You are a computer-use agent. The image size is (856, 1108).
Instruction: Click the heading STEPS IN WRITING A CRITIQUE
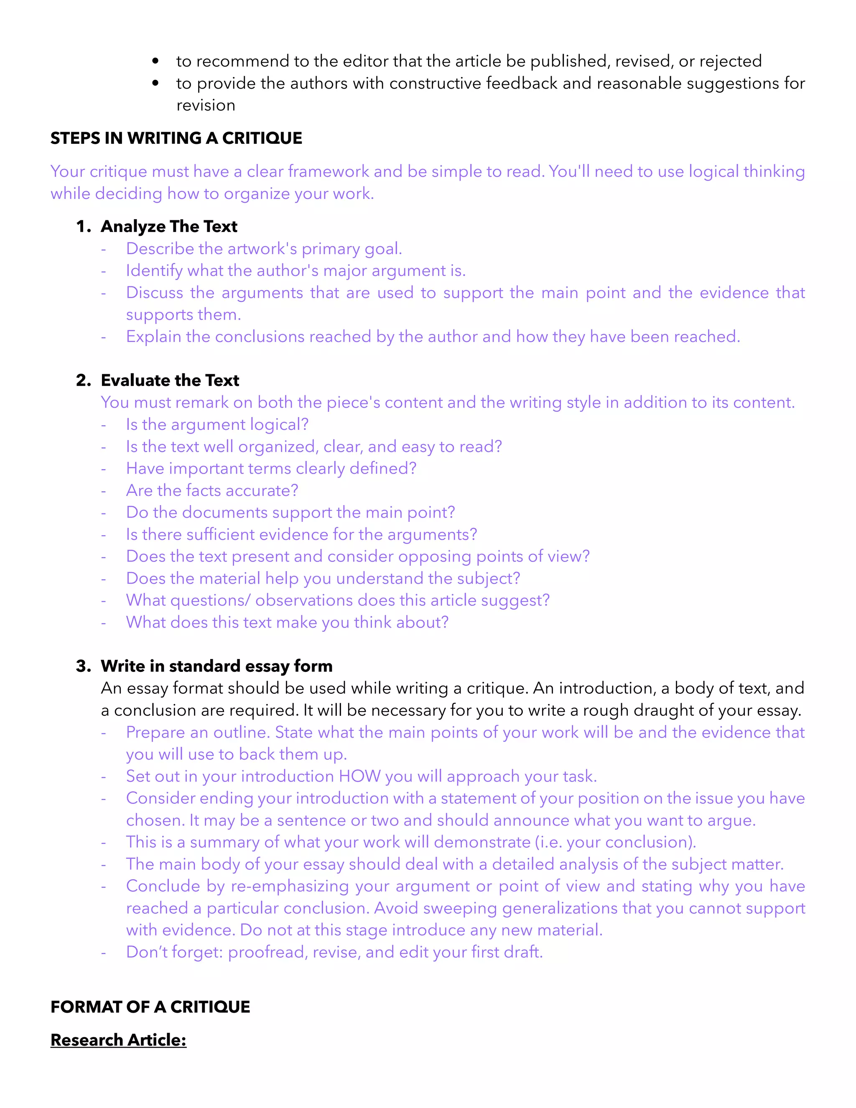coord(176,138)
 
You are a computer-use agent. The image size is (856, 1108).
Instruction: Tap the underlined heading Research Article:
coord(118,1039)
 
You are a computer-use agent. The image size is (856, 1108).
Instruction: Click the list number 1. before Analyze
coord(83,226)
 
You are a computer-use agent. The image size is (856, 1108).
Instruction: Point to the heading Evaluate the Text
coord(170,380)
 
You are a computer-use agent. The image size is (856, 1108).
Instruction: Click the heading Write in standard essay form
coord(217,666)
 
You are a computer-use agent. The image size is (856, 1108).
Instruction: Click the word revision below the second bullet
coord(205,105)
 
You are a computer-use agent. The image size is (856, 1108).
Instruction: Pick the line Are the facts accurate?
coord(212,490)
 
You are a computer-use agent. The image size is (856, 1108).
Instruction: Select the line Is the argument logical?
coord(217,424)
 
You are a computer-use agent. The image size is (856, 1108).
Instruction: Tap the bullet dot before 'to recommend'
coord(155,61)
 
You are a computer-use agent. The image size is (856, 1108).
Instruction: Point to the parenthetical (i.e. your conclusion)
coord(615,842)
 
